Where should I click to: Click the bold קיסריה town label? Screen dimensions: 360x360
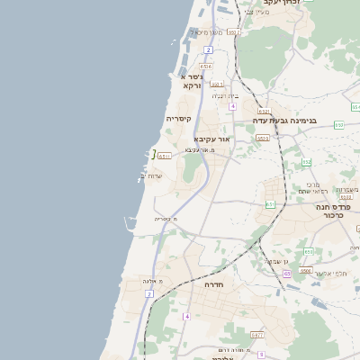[177, 118]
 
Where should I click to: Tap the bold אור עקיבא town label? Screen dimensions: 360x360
[212, 139]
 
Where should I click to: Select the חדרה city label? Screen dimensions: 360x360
[213, 284]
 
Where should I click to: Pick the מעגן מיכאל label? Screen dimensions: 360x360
[198, 31]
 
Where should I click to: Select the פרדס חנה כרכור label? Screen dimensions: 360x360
[333, 211]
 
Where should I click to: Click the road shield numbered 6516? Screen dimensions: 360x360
[206, 66]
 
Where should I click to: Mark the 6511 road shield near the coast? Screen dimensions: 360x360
[165, 156]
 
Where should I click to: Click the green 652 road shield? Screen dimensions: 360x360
[307, 162]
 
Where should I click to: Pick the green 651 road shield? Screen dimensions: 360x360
[270, 204]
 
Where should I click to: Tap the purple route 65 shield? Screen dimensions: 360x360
[286, 274]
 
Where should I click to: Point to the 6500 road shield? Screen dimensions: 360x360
[306, 270]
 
